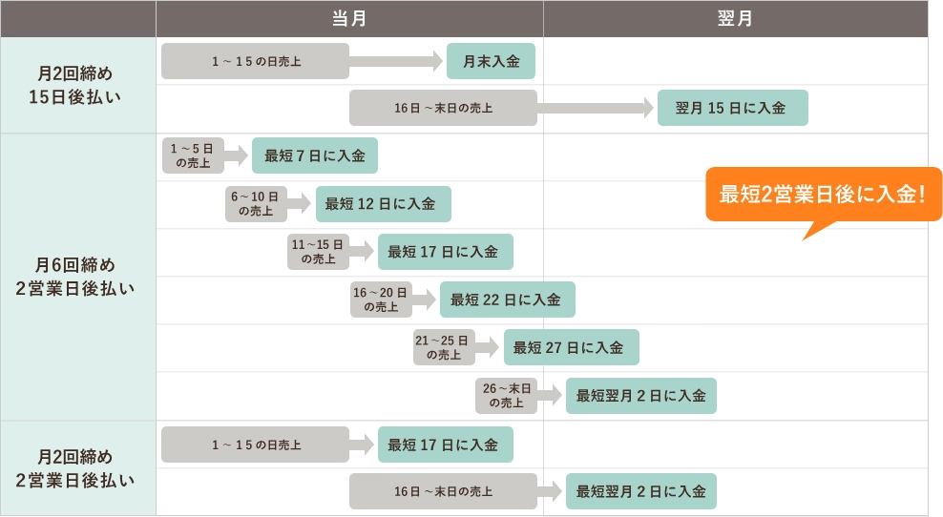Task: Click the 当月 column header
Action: coord(349,18)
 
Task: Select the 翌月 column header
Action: coord(735,18)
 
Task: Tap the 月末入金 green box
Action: coord(491,61)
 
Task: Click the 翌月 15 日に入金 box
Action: coord(732,108)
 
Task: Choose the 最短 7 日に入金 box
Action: coord(314,155)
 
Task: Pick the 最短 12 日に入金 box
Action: coord(383,203)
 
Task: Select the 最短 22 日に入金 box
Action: coord(507,299)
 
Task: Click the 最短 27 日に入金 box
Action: coord(571,347)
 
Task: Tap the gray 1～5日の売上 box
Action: coord(192,155)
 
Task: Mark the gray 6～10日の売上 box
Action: coord(255,203)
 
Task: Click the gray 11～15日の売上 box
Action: coord(318,251)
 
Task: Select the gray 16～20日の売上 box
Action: coord(380,299)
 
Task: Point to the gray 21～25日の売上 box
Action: coord(443,347)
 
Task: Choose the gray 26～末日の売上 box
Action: coord(506,395)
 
